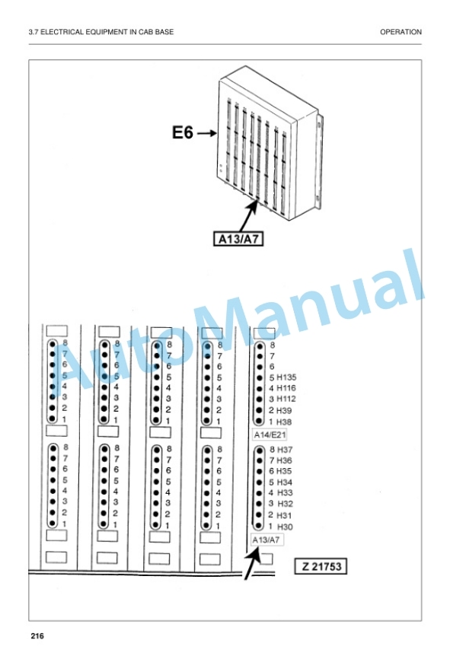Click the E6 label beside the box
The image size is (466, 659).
tap(183, 132)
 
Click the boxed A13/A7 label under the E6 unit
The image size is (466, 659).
tap(238, 239)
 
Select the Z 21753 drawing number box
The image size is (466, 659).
tap(321, 566)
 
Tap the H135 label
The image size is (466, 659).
tap(286, 377)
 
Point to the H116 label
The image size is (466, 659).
tap(286, 388)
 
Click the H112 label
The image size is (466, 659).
tap(286, 399)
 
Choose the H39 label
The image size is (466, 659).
tap(284, 410)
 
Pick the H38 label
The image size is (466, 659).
tap(284, 422)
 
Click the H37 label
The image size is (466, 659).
tap(285, 450)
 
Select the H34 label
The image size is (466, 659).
tap(284, 482)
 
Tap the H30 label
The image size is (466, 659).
tap(285, 527)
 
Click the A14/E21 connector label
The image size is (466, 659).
tap(270, 435)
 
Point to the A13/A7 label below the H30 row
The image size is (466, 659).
tap(267, 540)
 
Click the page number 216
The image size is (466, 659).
tap(37, 636)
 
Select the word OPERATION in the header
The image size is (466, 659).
tap(401, 32)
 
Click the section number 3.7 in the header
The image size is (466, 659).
tap(34, 32)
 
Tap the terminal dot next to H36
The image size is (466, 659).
tap(260, 460)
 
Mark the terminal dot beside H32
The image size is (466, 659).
tap(259, 504)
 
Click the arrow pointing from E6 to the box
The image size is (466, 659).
tap(207, 133)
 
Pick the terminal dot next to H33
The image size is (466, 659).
tap(259, 493)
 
